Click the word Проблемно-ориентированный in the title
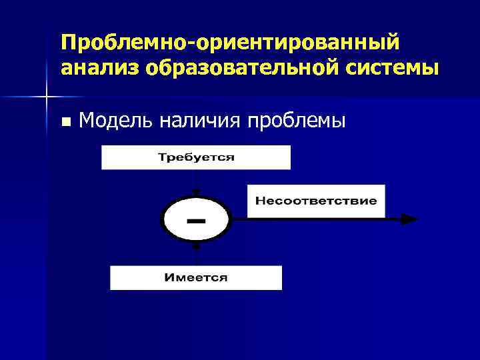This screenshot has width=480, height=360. tap(230, 43)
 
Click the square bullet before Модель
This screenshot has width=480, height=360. tap(65, 122)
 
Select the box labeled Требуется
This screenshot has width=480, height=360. tap(196, 158)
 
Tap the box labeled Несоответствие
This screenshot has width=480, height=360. tap(316, 201)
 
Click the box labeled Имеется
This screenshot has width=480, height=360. tap(196, 277)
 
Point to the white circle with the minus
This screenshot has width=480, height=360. tap(196, 219)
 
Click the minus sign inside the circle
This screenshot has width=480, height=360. tap(195, 219)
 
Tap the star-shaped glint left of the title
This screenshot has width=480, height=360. tap(46, 97)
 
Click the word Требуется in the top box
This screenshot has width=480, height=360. tap(196, 158)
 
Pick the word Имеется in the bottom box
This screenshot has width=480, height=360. tap(196, 277)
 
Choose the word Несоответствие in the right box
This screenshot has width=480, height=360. tap(316, 201)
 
